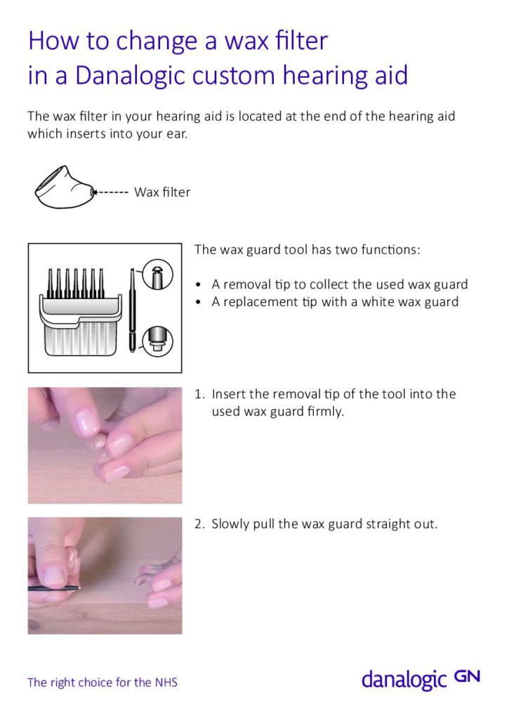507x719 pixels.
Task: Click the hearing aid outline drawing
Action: click(63, 187)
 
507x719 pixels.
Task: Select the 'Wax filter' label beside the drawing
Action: click(162, 192)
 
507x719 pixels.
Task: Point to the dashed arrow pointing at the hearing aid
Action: click(112, 192)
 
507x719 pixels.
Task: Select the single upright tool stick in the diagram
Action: click(131, 309)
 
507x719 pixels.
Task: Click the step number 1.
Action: click(199, 394)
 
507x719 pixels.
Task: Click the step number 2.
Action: click(199, 524)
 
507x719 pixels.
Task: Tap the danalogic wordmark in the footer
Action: click(404, 680)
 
